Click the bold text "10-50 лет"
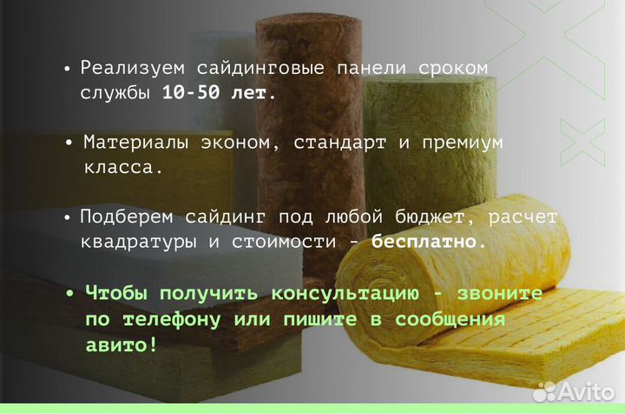[x=218, y=92]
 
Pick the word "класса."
[x=123, y=166]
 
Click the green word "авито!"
[x=122, y=344]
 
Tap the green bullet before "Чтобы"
[x=70, y=294]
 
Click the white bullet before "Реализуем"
[x=68, y=69]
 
